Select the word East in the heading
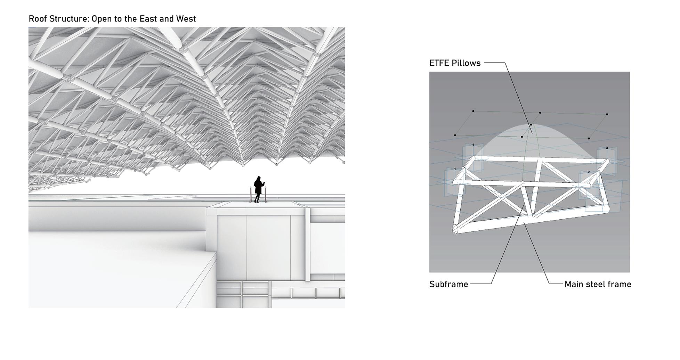[x=148, y=19]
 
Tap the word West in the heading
[x=186, y=19]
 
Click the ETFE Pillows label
[x=455, y=63]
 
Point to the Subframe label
[x=448, y=284]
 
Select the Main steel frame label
[x=598, y=284]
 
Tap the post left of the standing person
[x=250, y=194]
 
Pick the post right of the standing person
[x=266, y=194]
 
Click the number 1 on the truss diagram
[x=455, y=169]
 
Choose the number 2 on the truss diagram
[x=589, y=172]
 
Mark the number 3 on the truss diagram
[x=607, y=148]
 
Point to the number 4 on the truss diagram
[x=473, y=145]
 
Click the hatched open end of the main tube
[x=455, y=229]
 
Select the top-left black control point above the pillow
[x=473, y=111]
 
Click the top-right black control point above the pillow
[x=607, y=114]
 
